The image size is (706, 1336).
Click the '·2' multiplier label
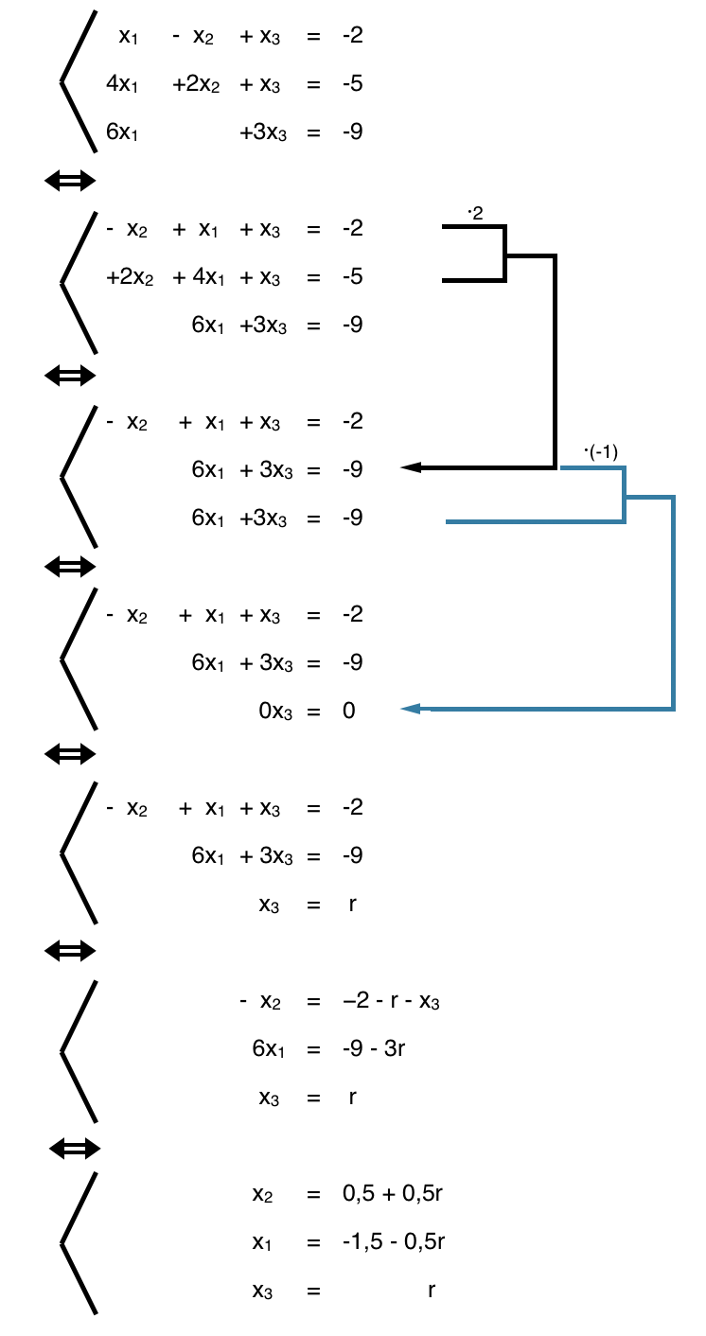click(475, 214)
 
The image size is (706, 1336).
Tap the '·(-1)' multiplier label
click(601, 451)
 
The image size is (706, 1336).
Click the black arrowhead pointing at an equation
click(411, 467)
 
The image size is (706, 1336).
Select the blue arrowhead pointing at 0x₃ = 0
click(411, 709)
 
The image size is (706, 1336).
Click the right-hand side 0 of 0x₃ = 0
click(349, 711)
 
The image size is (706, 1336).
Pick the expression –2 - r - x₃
click(392, 1001)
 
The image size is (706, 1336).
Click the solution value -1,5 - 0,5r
click(394, 1241)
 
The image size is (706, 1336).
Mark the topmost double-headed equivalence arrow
click(70, 181)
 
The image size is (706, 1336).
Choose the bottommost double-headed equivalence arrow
click(74, 1149)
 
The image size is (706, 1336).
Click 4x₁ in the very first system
click(123, 84)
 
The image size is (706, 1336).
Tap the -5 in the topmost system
click(353, 84)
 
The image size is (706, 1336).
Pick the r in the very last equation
click(432, 1290)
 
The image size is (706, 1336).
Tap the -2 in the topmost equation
click(353, 36)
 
